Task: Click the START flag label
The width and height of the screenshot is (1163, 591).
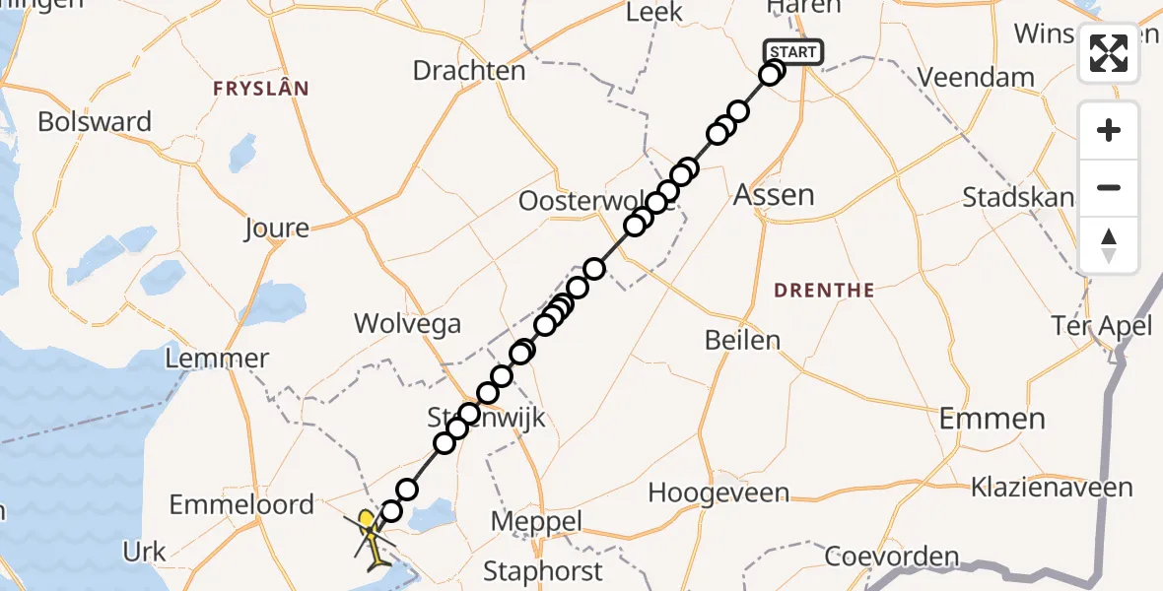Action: pos(792,52)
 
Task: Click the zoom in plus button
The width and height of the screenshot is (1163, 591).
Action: pos(1109,130)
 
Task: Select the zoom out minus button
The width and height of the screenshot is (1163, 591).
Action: pos(1109,187)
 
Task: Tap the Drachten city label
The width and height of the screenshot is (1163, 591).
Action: pos(469,71)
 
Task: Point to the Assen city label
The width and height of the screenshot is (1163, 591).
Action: pos(774,194)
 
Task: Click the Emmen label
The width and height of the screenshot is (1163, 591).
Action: pos(992,418)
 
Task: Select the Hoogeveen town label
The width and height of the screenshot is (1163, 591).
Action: pos(718,492)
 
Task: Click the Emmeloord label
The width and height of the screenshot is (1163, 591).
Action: pos(241,505)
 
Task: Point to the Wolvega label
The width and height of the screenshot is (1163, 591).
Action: pos(407,322)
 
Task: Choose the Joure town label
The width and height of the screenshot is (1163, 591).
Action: pos(276,229)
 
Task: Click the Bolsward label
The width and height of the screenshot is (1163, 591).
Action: pos(95,122)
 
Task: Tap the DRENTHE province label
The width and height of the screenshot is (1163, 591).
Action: pos(824,291)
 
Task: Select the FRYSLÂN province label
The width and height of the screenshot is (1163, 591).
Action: pos(260,89)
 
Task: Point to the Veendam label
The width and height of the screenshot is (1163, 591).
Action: pos(976,77)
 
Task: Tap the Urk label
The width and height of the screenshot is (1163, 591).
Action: pos(144,552)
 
